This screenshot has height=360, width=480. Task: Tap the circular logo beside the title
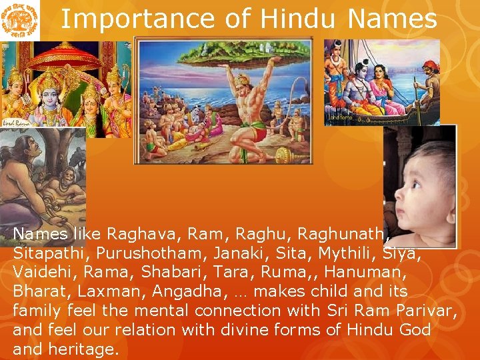tap(19, 20)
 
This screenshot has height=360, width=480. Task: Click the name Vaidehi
tap(41, 272)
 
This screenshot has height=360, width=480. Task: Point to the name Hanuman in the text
tap(365, 272)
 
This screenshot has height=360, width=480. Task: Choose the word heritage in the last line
tap(83, 349)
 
